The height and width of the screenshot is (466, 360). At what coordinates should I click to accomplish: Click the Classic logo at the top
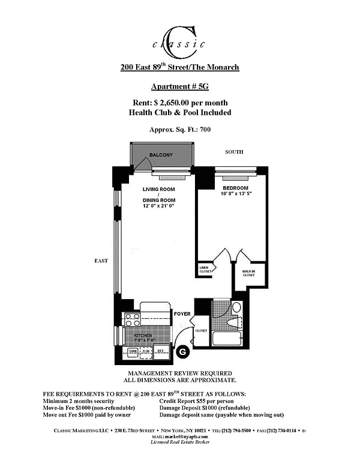point(179,38)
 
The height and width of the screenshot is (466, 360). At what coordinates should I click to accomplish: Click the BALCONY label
point(161,155)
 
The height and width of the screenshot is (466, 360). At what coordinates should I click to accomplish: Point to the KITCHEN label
point(143,335)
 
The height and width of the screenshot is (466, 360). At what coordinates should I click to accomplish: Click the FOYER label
point(182,314)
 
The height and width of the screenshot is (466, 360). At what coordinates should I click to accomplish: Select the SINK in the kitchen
point(133,352)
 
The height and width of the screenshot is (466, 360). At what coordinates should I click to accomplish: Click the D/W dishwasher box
point(146,352)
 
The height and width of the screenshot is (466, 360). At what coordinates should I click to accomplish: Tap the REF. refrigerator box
point(161,352)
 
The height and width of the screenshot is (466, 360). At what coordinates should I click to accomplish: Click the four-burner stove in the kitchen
point(131,320)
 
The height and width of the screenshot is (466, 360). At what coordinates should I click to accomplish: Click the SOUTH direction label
point(234,152)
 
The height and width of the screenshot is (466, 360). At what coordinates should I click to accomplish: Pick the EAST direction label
point(100,261)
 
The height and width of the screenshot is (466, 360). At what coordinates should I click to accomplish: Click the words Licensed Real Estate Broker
point(179,442)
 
